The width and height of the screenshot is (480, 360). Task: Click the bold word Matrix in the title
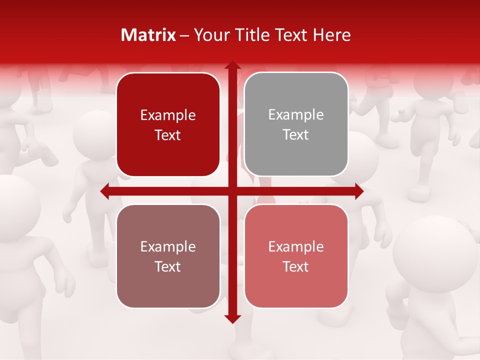148,35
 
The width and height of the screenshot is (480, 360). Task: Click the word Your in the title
209,35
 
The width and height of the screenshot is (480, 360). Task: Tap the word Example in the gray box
296,115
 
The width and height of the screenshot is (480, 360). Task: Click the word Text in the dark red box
168,135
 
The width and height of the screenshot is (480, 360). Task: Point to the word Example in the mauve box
168,246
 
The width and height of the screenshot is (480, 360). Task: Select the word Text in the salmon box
296,266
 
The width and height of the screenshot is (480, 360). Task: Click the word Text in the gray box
296,135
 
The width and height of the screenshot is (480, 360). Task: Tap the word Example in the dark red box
168,115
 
